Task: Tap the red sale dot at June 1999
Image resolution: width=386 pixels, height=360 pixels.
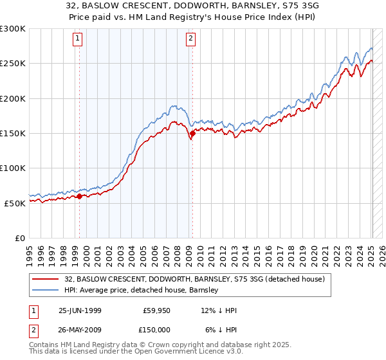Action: pyautogui.click(x=80, y=196)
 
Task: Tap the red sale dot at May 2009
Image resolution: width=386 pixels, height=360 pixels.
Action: pyautogui.click(x=192, y=134)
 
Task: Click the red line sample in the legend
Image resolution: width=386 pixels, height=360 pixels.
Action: pyautogui.click(x=45, y=279)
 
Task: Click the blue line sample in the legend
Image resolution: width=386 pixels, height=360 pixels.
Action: pyautogui.click(x=45, y=290)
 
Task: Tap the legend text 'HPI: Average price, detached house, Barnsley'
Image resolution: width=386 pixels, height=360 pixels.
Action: pyautogui.click(x=141, y=290)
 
